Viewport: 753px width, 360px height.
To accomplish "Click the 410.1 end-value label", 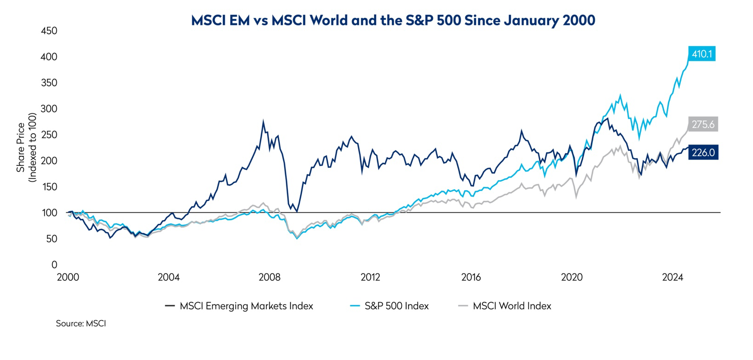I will click(x=701, y=54).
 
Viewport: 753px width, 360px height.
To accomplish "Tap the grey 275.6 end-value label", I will click(x=703, y=124).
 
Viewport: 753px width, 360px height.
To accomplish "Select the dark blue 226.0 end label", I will click(x=703, y=152).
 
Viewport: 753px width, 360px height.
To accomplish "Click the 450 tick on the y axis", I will click(x=49, y=31).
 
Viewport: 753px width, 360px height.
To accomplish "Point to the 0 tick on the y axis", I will click(x=54, y=265).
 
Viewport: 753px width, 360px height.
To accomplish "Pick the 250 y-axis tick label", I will click(x=49, y=135).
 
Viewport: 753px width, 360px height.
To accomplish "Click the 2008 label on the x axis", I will click(x=269, y=278).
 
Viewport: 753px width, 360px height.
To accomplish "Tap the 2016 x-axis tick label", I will click(x=471, y=278).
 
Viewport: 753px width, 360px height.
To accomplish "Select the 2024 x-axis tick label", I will click(x=672, y=278).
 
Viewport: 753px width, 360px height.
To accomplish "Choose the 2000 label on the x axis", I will click(x=68, y=278).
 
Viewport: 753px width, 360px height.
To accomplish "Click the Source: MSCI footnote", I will click(x=81, y=324).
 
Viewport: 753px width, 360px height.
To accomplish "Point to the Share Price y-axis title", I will click(x=21, y=147).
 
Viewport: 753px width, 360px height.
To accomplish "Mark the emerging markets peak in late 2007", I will click(x=263, y=122).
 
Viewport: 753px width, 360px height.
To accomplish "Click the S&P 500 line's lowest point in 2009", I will click(x=297, y=239).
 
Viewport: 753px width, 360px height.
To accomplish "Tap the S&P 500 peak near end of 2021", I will click(x=620, y=96).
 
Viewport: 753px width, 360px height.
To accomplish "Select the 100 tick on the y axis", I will click(x=49, y=213).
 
